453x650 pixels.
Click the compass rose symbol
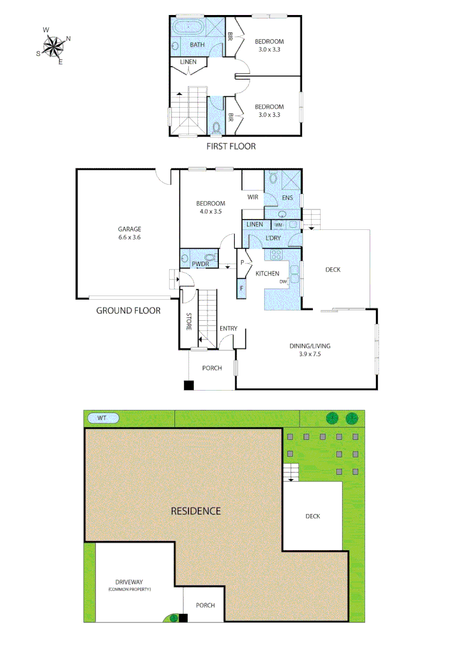coord(54,45)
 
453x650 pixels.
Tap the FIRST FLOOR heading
coord(231,146)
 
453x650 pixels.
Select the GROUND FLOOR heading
coord(128,311)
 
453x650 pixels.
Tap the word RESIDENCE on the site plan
coord(196,511)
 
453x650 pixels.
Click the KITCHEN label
coord(267,274)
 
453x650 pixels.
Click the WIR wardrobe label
coord(253,196)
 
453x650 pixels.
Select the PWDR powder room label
coord(200,264)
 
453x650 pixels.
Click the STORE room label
coord(188,320)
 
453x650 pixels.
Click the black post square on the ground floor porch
coord(189,385)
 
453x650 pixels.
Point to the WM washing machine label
coord(279,224)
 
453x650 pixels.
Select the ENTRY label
coord(229,328)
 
